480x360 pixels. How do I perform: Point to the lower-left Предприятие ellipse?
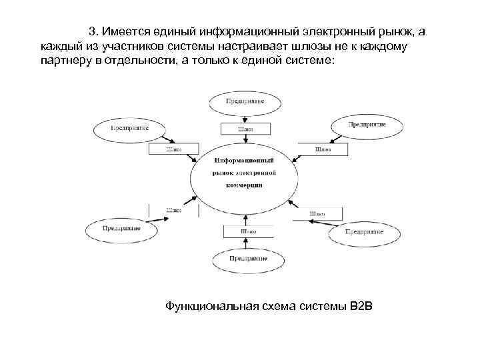point(121,229)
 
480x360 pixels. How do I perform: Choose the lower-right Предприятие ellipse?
point(364,233)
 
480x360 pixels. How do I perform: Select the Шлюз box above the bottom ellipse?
point(248,231)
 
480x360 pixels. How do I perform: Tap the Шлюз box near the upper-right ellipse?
point(324,150)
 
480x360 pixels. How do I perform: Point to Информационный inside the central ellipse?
point(244,161)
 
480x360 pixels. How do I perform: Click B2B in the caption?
point(363,306)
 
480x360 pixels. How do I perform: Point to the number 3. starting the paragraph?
point(94,31)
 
